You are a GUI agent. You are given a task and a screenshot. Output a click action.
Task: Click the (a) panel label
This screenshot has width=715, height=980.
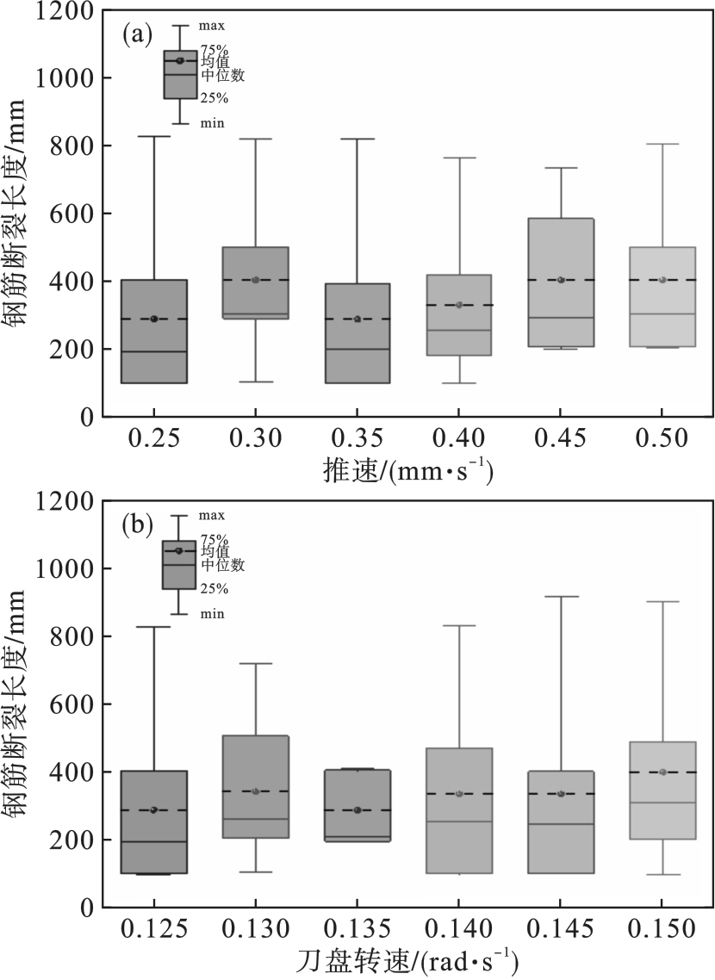[138, 35]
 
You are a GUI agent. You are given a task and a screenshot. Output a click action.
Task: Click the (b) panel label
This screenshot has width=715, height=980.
[138, 524]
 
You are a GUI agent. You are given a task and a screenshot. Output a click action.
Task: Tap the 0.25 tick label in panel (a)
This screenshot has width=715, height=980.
[154, 439]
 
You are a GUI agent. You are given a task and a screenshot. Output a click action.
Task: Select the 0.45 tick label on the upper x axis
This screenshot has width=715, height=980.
[561, 439]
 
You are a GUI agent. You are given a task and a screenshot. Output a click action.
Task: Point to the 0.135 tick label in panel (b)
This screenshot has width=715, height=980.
[357, 930]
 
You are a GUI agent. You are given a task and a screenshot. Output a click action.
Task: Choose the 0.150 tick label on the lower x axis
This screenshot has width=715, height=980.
[662, 930]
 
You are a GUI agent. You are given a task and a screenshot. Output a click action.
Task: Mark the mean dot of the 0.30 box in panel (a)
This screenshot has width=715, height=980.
[256, 280]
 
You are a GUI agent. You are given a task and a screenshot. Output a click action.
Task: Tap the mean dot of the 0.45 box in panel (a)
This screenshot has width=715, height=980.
[561, 280]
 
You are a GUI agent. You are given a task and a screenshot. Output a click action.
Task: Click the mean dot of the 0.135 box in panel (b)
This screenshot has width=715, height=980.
[357, 810]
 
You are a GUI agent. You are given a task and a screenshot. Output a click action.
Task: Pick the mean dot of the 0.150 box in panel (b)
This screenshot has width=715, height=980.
[662, 772]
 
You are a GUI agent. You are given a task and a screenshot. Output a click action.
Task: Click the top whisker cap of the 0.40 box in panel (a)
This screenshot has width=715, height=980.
[459, 158]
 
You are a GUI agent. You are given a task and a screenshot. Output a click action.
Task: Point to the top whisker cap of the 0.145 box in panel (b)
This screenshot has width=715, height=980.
[561, 596]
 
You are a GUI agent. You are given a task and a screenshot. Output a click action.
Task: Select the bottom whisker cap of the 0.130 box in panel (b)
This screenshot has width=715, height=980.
[256, 871]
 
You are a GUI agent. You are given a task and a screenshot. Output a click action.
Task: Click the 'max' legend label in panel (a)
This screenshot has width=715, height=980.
[212, 27]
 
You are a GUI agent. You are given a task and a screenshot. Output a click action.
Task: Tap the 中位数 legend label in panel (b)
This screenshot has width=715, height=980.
[223, 565]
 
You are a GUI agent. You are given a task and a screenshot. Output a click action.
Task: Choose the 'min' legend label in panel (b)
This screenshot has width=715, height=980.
[212, 613]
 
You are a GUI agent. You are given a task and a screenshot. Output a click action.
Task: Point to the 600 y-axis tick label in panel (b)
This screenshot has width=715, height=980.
[71, 704]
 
